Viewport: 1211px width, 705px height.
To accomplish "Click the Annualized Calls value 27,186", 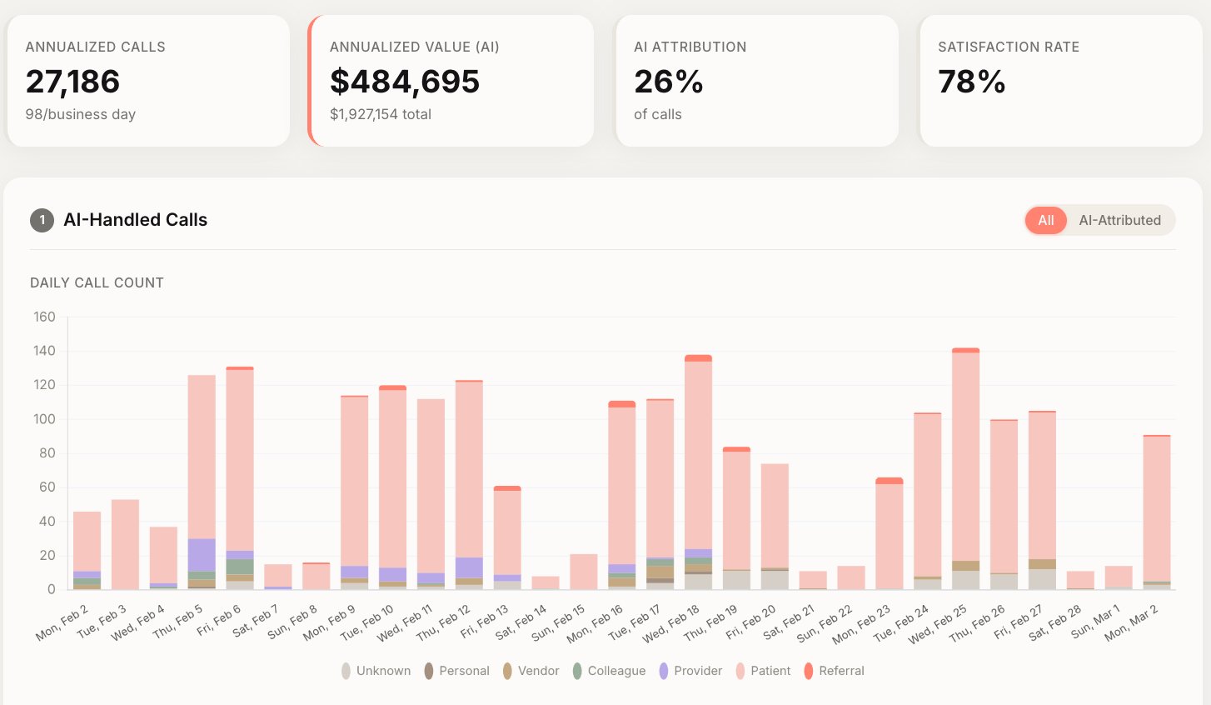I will point(72,82).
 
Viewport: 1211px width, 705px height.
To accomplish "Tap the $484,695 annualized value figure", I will point(404,82).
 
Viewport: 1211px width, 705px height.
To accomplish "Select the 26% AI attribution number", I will point(668,82).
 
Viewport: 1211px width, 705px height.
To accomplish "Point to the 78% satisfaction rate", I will point(971,82).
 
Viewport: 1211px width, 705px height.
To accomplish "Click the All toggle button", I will point(1045,220).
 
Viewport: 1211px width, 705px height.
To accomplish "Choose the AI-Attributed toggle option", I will point(1119,220).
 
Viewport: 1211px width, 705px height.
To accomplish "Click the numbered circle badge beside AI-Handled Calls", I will point(42,220).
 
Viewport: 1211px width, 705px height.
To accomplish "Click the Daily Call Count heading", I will point(97,282).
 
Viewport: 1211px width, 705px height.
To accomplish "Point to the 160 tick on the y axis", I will point(44,317).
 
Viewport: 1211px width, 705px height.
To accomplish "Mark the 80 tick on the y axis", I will point(47,453).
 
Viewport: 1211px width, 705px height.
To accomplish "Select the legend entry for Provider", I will point(690,671).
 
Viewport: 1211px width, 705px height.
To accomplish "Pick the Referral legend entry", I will point(834,671).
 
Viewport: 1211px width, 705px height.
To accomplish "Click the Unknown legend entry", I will point(376,671).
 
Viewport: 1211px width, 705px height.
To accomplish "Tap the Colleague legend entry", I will point(609,671).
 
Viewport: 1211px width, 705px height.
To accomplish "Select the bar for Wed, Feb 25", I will point(965,467).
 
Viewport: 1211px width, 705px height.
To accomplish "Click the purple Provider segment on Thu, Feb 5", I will point(202,555).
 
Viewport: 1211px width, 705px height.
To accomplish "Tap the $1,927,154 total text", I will point(380,114).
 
